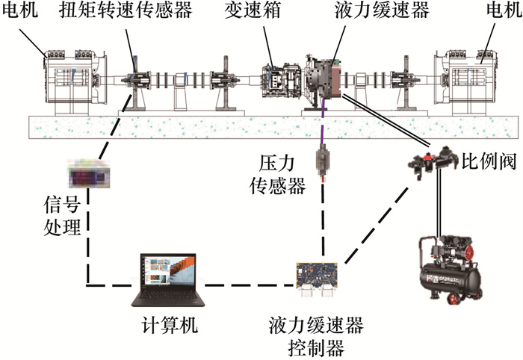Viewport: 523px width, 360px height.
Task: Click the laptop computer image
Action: click(x=163, y=280)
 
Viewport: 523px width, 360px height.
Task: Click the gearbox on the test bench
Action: click(x=277, y=80)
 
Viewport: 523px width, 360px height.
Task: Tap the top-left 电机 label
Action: click(x=19, y=13)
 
